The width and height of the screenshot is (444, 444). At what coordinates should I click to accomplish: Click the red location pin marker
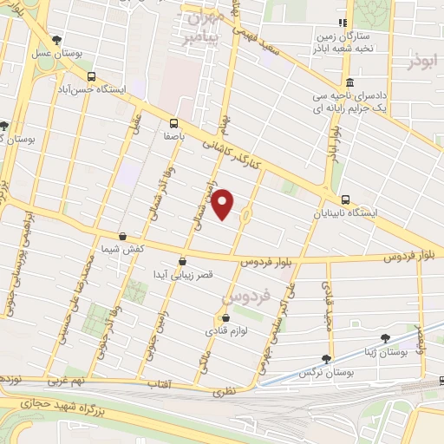click(x=224, y=204)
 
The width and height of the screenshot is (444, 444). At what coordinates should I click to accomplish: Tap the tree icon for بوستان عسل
click(x=57, y=40)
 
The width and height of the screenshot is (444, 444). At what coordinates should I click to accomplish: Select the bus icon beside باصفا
click(x=174, y=123)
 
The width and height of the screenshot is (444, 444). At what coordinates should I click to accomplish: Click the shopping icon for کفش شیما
click(x=122, y=236)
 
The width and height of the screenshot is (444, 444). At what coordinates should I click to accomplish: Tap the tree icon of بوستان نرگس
click(x=326, y=359)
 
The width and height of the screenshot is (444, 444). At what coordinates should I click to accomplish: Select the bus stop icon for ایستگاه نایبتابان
click(x=346, y=199)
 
